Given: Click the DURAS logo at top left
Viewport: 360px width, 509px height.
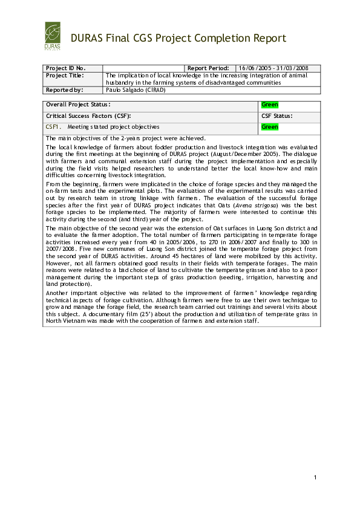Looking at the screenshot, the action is click(x=53, y=36).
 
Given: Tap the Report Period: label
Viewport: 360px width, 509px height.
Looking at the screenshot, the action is click(x=208, y=68).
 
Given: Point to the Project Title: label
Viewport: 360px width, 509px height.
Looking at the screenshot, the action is click(x=65, y=76).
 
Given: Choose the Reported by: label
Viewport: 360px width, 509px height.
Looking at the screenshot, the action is click(x=64, y=89).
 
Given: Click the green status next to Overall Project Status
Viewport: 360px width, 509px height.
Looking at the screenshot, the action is click(x=269, y=105).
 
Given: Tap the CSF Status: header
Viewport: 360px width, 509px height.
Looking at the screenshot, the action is click(x=277, y=115).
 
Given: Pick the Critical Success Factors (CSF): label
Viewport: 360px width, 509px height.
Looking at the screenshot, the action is click(x=88, y=115).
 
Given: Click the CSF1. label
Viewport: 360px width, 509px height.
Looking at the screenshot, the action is click(x=52, y=127).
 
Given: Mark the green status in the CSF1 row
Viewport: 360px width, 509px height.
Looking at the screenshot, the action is click(x=269, y=127).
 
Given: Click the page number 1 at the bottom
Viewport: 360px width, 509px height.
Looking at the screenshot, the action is click(x=315, y=479).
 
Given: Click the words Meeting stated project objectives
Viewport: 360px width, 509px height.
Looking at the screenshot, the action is click(x=113, y=127).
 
